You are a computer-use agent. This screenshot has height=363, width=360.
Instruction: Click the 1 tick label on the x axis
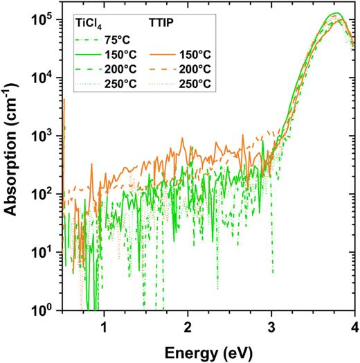(x=105, y=325)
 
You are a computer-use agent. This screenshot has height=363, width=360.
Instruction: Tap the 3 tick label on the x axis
(x=271, y=325)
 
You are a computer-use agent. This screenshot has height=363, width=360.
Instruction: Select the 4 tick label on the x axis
(x=354, y=325)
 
